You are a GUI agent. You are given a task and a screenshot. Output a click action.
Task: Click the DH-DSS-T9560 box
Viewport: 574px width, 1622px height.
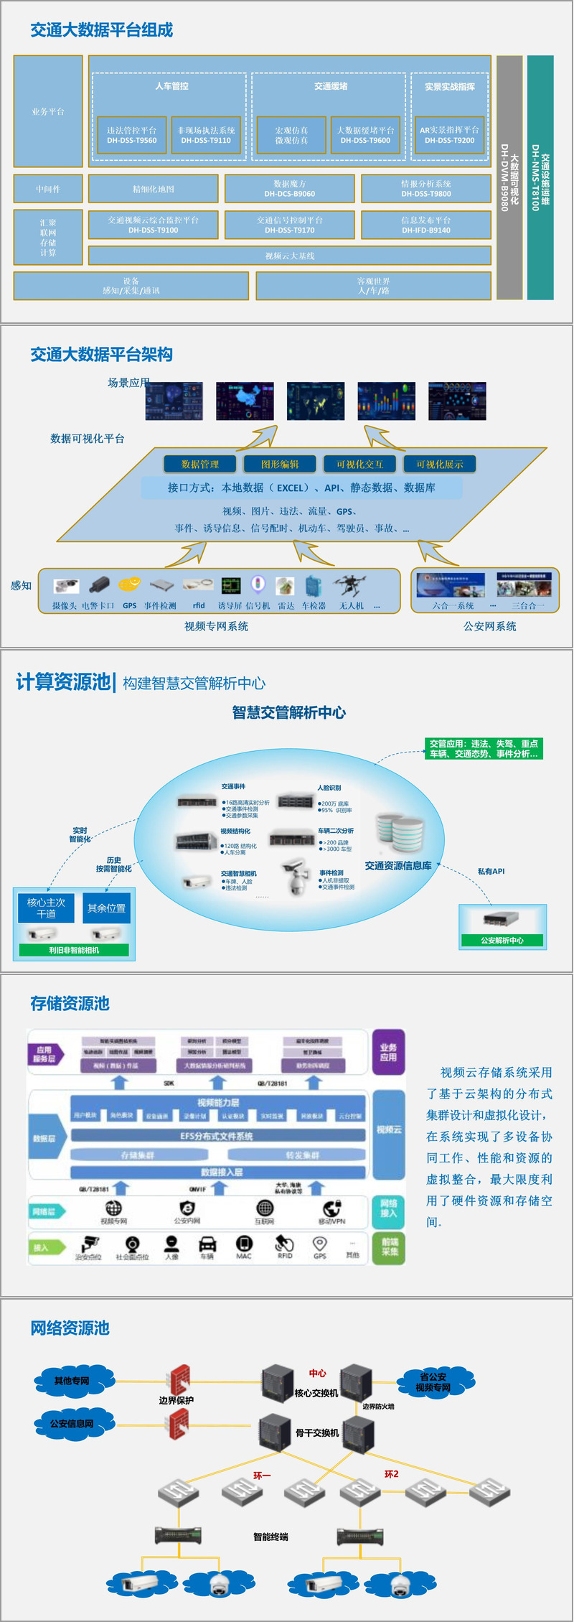[132, 135]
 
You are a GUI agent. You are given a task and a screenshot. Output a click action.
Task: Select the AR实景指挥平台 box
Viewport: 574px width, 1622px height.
[449, 135]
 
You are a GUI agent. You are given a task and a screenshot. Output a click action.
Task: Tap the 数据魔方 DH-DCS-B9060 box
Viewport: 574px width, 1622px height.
[290, 189]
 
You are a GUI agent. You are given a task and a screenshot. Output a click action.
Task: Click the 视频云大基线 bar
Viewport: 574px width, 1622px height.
[290, 256]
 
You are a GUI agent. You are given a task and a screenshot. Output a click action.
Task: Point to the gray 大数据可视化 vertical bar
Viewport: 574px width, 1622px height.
[509, 177]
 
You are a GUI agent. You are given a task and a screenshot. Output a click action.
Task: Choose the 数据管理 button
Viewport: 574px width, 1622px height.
[200, 465]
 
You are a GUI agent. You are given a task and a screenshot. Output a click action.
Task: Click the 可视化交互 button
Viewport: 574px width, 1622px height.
[360, 465]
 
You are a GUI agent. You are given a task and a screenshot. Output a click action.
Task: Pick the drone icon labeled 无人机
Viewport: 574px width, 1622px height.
[352, 585]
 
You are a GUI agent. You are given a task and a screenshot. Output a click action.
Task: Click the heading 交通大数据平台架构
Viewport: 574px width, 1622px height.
[101, 354]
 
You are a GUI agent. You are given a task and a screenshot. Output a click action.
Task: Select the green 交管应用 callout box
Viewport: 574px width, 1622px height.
[484, 748]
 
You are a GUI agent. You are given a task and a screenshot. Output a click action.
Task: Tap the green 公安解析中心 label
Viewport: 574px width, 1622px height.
[502, 940]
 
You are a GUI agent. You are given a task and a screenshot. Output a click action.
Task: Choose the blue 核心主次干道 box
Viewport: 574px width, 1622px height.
[46, 908]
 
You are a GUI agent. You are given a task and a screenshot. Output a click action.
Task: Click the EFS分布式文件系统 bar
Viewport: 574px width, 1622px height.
[217, 1136]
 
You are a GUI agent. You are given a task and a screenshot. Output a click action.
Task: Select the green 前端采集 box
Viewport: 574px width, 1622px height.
[389, 1246]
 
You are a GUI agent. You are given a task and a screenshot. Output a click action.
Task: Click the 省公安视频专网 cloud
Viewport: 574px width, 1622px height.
[433, 1381]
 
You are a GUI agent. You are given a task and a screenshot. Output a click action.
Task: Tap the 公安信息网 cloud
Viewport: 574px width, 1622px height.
[72, 1423]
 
